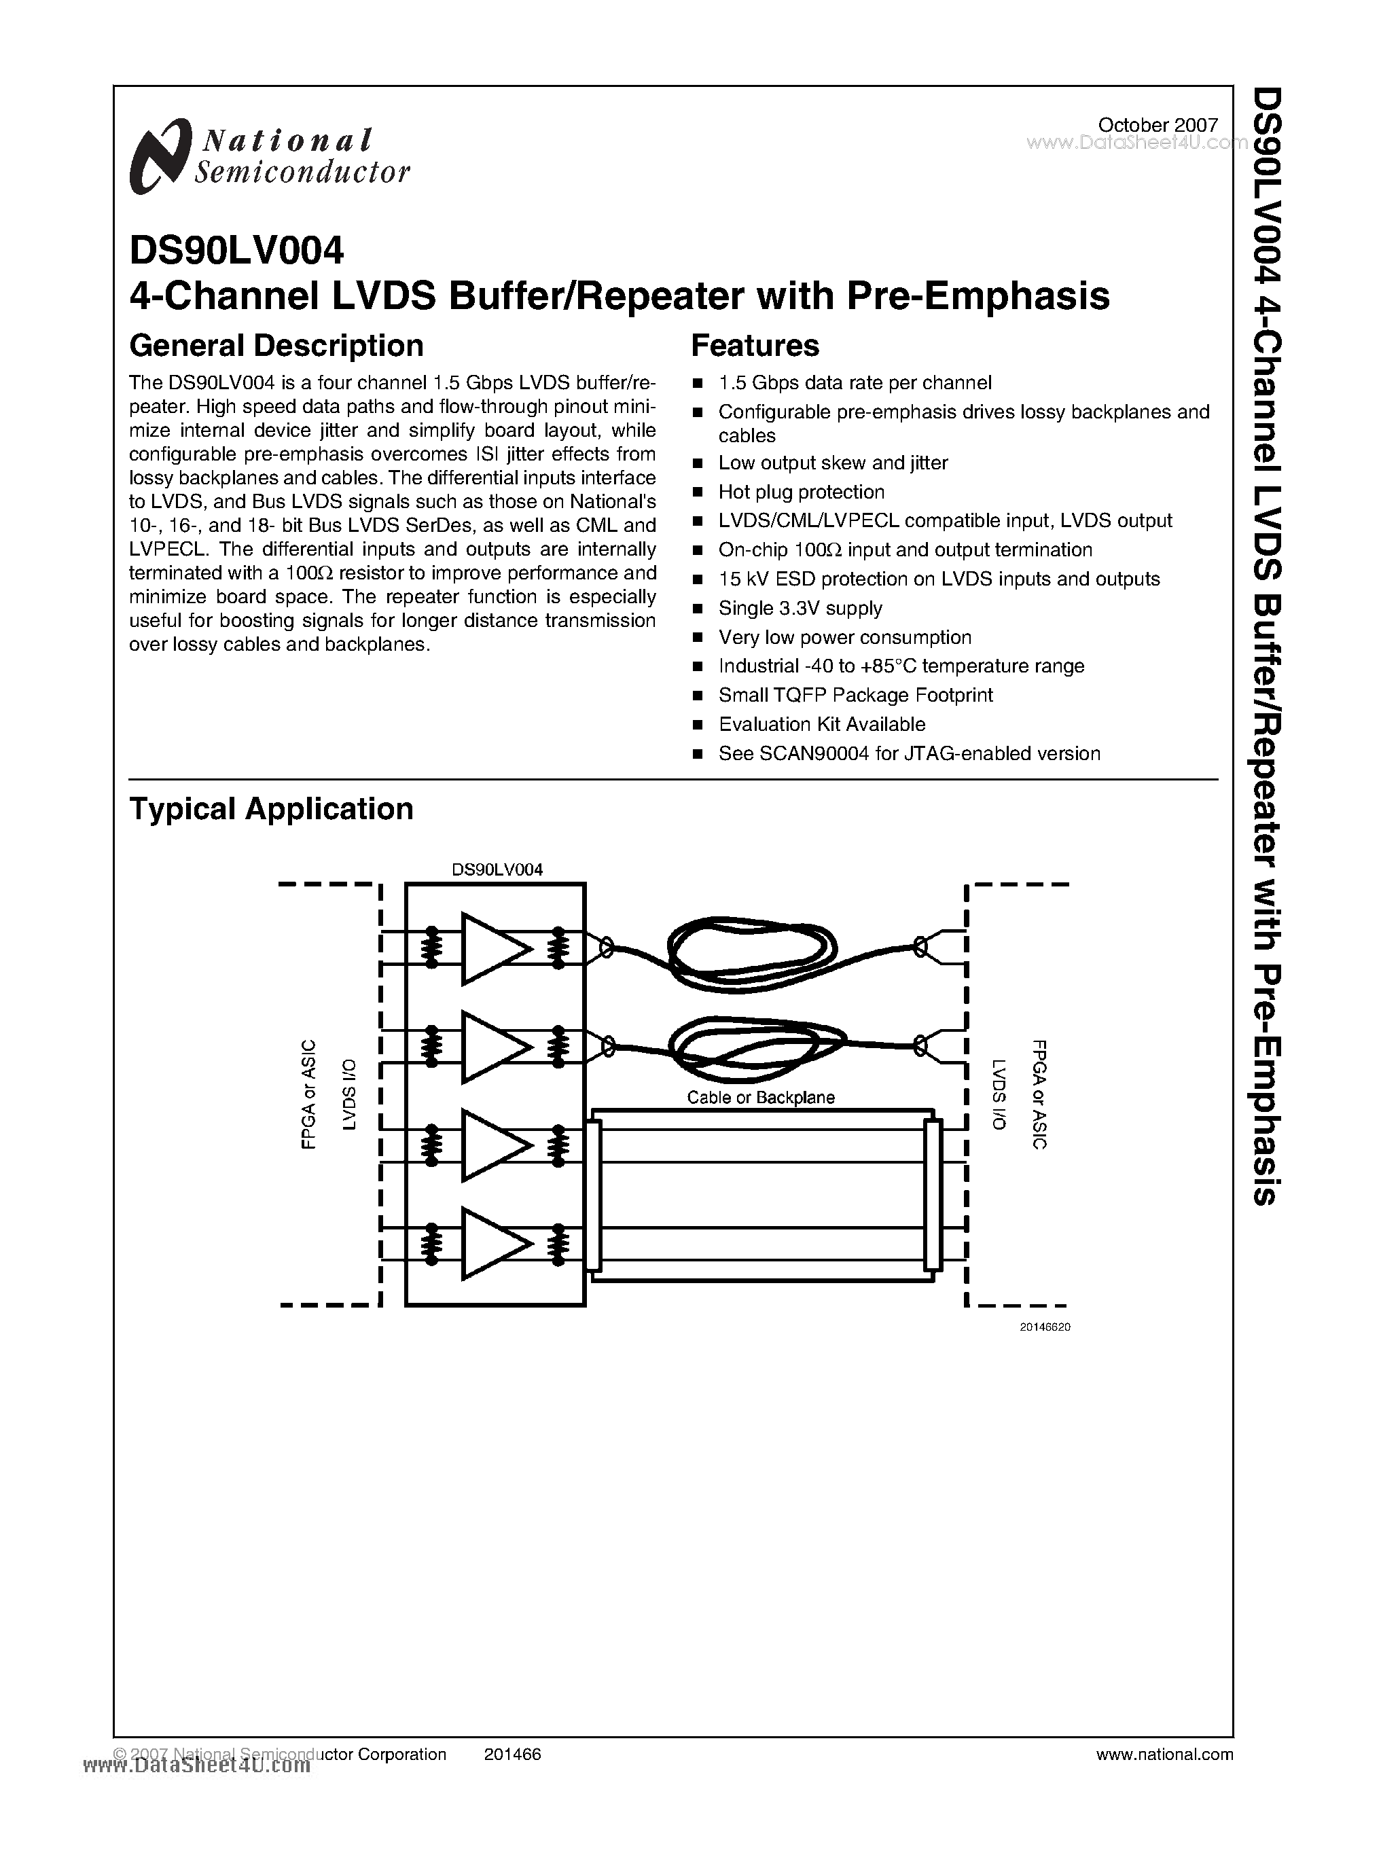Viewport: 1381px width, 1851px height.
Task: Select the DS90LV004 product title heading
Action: click(x=236, y=250)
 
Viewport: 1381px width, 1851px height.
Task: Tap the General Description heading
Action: click(x=276, y=345)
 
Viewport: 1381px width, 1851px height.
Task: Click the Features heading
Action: click(x=755, y=345)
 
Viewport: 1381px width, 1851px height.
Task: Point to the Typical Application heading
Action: click(x=271, y=809)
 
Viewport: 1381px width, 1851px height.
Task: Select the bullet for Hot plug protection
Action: click(x=698, y=492)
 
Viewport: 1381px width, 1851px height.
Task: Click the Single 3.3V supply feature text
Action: click(x=800, y=609)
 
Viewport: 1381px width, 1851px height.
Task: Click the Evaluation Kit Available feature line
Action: click(x=822, y=725)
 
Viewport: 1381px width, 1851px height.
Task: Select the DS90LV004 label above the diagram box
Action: click(x=497, y=869)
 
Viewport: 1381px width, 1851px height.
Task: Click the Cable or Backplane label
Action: click(x=761, y=1098)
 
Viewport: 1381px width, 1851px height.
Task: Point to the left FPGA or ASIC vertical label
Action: click(x=308, y=1095)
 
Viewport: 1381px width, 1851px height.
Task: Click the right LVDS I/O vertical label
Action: click(x=999, y=1095)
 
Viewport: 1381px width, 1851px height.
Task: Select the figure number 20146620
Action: click(x=1044, y=1327)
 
